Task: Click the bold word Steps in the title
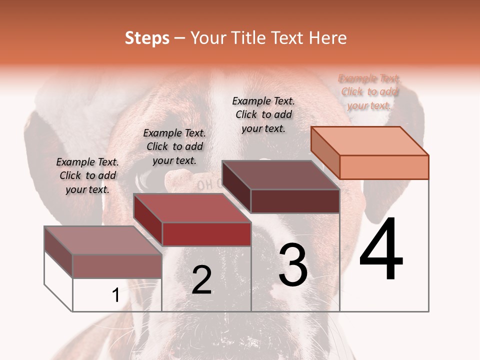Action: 147,38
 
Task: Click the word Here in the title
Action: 328,38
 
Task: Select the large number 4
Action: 381,250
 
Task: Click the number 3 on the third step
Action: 293,265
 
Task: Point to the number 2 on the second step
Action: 201,280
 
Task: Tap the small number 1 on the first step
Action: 115,295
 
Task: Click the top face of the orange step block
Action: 369,140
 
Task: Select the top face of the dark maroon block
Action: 280,174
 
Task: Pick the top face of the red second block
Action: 191,207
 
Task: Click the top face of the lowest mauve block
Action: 102,240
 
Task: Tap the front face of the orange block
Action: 384,167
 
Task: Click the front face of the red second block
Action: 206,234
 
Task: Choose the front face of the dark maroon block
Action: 295,201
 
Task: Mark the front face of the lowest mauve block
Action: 117,266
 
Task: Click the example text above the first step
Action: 87,175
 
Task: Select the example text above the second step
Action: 174,146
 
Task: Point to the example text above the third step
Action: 263,114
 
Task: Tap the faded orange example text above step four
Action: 369,91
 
